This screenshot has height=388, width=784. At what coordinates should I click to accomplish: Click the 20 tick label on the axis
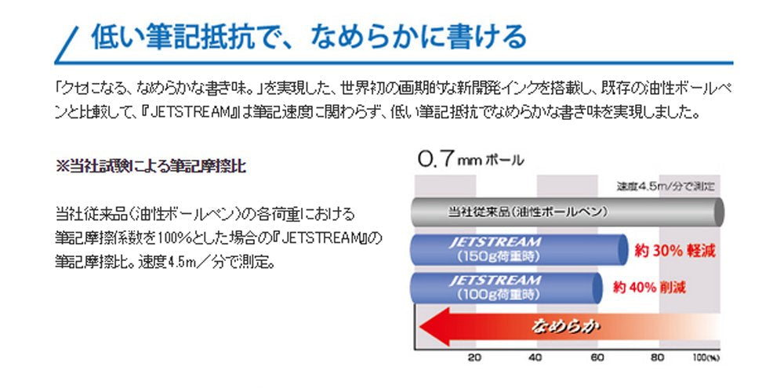(474, 358)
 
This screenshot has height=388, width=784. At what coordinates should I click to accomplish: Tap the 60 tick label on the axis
(597, 358)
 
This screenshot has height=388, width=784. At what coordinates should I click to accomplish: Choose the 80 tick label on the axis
(659, 358)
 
